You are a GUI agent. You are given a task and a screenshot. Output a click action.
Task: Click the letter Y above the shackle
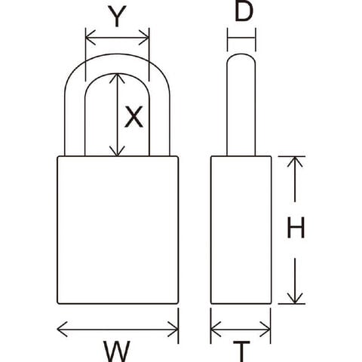tap(117, 17)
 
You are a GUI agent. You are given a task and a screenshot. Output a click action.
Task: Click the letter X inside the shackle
tap(133, 116)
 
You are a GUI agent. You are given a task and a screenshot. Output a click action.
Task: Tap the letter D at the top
tap(244, 11)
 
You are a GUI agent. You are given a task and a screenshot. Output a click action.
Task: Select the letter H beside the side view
tap(296, 228)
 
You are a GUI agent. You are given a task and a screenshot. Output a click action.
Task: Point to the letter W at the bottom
tap(117, 351)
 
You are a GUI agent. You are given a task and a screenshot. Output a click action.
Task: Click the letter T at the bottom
tap(241, 351)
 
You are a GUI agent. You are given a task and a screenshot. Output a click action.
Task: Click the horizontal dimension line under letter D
tap(241, 38)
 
